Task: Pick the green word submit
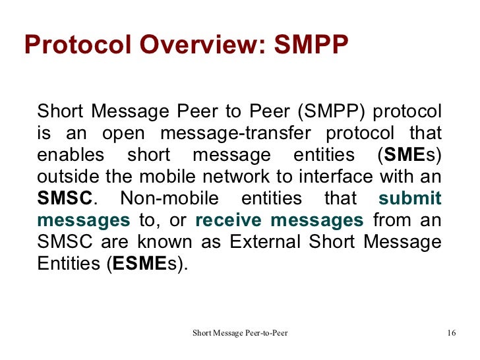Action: point(409,199)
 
